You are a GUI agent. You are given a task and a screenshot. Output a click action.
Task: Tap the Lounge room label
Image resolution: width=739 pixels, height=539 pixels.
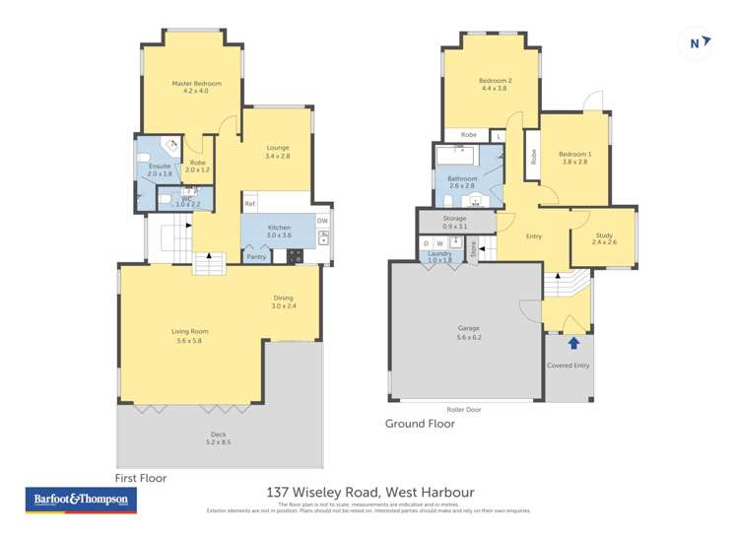pos(277,148)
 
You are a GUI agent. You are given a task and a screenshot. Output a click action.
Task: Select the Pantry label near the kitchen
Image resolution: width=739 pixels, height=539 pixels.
pos(256,257)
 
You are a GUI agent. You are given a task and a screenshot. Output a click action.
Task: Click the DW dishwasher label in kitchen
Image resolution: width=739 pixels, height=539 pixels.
pos(322,221)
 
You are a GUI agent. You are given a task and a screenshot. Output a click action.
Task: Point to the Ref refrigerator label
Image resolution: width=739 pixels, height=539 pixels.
pos(250,204)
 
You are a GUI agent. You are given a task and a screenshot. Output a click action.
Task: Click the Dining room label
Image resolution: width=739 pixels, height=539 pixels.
pos(283,299)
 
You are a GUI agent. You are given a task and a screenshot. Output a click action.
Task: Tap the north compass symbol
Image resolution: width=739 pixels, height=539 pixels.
pos(696,42)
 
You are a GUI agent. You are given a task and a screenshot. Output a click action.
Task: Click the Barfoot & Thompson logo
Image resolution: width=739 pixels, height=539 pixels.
pos(80,500)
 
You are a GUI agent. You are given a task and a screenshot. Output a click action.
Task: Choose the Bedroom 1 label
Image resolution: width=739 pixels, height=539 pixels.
pos(574,155)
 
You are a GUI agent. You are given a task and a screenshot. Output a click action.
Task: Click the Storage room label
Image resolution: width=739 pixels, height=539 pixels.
pos(454,219)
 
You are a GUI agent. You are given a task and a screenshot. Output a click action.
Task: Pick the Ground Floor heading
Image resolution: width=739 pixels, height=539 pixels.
pos(420,424)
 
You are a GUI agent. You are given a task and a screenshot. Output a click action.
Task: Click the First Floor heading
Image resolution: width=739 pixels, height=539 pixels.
pos(141,477)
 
